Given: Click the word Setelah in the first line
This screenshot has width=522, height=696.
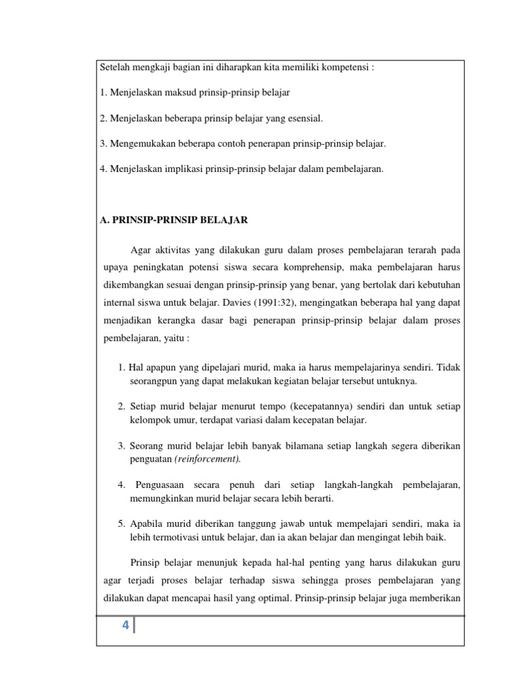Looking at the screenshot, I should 115,69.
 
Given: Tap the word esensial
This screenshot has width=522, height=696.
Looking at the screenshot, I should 302,118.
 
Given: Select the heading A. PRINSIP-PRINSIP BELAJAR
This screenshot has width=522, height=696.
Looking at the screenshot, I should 173,220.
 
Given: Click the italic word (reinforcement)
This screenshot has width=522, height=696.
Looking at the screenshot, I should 208,459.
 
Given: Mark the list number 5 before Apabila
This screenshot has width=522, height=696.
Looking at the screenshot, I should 120,524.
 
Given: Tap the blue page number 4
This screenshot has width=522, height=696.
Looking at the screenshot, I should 125,626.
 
